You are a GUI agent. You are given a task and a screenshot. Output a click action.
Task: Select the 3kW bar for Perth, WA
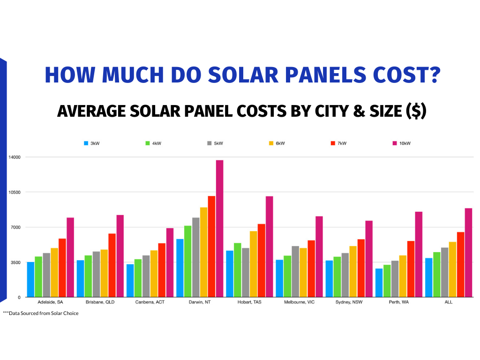(379, 283)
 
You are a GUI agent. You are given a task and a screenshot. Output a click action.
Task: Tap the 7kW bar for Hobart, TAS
(262, 260)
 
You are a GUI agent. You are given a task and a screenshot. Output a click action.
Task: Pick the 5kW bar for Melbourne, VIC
(295, 271)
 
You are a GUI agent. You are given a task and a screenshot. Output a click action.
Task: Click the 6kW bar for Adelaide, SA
(54, 272)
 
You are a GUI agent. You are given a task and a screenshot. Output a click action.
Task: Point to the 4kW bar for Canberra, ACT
(138, 278)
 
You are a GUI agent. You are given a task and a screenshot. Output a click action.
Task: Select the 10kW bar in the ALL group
(468, 253)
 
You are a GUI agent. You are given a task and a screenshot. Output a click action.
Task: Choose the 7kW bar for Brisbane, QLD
(112, 265)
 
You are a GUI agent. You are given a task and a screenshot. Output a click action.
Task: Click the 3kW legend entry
(92, 143)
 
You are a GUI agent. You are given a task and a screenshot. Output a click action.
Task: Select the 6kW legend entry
(276, 143)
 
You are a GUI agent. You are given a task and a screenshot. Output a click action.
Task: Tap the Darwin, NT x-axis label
(200, 302)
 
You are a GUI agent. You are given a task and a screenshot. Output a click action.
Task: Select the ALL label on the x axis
(449, 302)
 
